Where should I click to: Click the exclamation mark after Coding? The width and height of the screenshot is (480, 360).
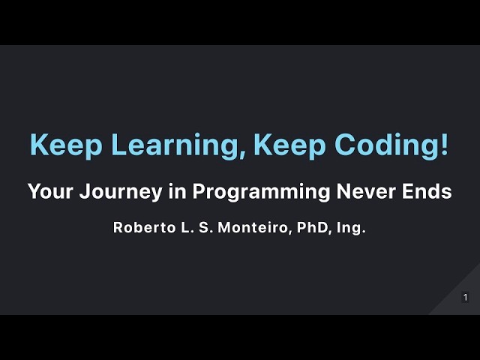click(444, 144)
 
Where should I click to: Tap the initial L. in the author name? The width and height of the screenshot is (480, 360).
click(182, 228)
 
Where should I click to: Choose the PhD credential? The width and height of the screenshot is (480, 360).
click(312, 228)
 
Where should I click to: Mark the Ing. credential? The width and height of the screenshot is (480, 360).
click(351, 228)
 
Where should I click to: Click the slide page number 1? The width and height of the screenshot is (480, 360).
click(466, 298)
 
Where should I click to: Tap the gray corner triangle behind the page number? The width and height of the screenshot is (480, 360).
click(454, 304)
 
